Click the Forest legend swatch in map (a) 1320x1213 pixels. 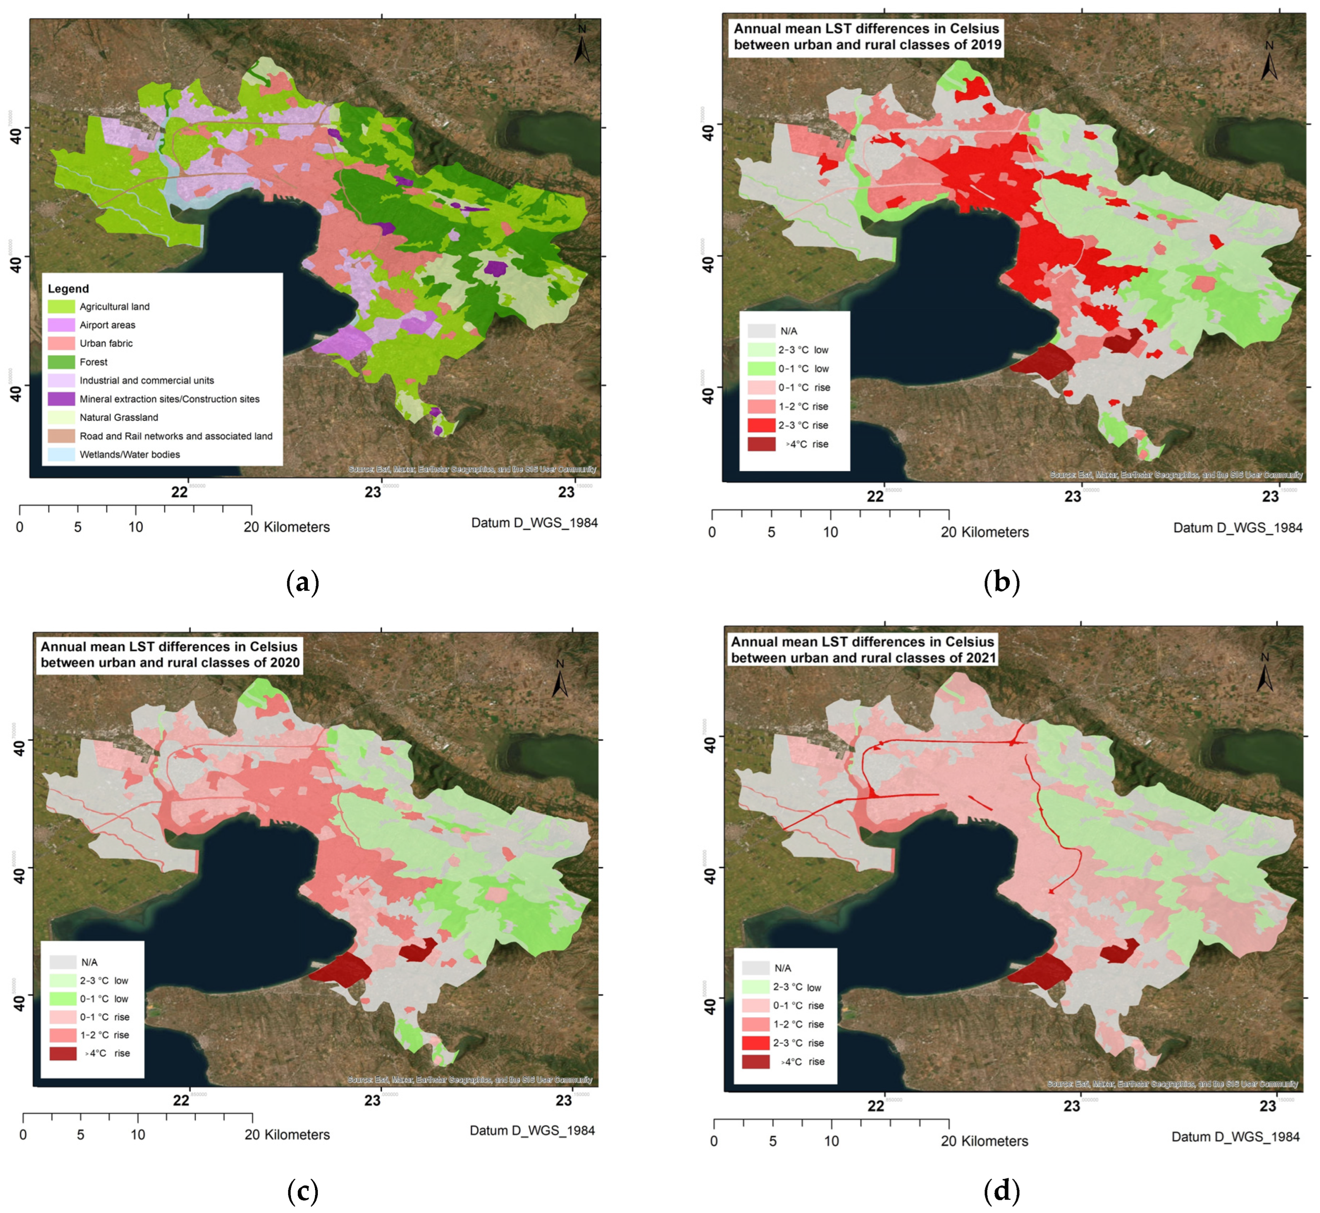61,362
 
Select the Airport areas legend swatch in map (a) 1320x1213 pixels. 61,325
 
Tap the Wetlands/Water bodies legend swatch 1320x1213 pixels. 61,454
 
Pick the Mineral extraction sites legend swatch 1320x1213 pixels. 61,399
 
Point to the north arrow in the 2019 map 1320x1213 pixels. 1269,62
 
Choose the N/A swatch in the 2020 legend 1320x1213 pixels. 63,962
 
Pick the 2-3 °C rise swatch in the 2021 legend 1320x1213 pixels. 755,1043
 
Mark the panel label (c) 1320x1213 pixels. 303,1192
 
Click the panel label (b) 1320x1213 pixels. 1002,582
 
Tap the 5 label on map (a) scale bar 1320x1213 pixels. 77,527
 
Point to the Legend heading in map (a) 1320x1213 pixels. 68,289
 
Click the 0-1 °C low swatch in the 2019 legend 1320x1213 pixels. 761,369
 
